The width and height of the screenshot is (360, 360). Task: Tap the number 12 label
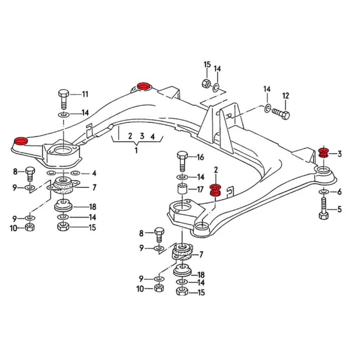pos(285,96)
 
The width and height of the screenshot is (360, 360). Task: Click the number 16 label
pos(200,157)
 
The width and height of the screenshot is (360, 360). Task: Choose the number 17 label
pos(200,190)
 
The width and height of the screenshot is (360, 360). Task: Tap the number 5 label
pos(339,210)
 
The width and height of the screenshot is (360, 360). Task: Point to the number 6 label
pos(339,192)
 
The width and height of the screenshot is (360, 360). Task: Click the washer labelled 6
pos(324,192)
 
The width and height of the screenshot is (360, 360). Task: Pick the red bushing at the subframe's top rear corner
pos(143,86)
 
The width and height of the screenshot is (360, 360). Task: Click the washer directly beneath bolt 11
pos(64,114)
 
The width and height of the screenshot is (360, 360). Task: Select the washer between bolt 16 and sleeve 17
pos(182,176)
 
